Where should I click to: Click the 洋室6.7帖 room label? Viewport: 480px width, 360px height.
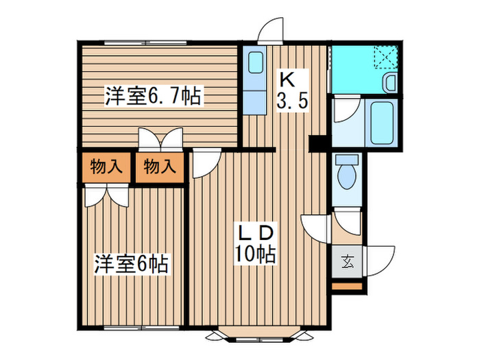[x=154, y=96]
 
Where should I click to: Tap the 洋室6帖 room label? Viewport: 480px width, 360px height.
[x=131, y=264]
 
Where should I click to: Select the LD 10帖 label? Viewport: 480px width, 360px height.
[x=254, y=244]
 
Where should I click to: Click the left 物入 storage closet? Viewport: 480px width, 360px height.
[x=106, y=167]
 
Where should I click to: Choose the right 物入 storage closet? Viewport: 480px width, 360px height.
[x=160, y=167]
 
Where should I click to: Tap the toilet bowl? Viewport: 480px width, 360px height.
[x=347, y=177]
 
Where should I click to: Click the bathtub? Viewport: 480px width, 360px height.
[x=382, y=123]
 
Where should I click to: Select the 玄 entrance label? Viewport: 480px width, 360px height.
[x=347, y=262]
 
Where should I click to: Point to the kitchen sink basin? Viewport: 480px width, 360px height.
[x=255, y=62]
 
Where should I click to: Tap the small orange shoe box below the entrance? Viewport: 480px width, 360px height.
[x=347, y=286]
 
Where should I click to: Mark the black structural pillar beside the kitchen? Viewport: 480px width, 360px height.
[x=318, y=143]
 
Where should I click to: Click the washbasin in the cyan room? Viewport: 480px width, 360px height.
[x=390, y=82]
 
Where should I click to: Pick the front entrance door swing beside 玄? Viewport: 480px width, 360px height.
[x=381, y=261]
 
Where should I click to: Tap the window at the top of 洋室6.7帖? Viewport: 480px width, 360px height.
[x=145, y=43]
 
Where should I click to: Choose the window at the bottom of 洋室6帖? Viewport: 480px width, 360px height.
[x=141, y=328]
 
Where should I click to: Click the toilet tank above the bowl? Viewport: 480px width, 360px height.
[x=347, y=160]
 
